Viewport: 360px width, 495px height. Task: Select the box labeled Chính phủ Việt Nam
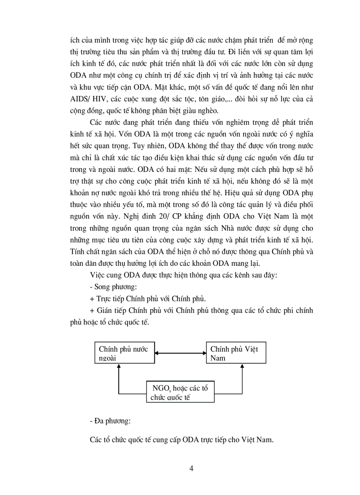(236, 354)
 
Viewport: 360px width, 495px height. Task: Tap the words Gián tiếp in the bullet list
(109, 310)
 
